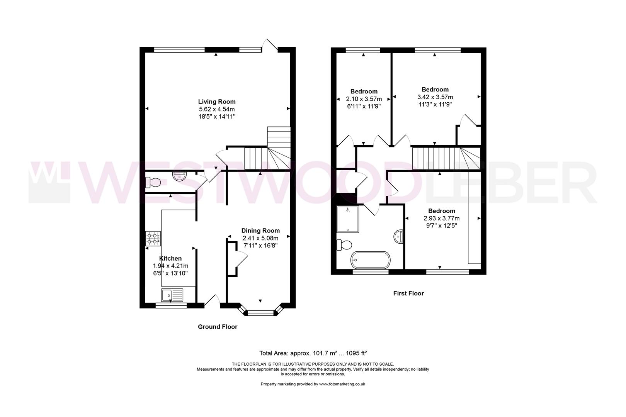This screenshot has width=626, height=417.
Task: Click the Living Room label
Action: tap(216, 102)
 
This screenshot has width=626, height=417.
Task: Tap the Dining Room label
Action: tap(260, 231)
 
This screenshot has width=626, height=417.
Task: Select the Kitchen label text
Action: tap(170, 259)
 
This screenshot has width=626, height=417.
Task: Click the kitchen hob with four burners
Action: tap(153, 238)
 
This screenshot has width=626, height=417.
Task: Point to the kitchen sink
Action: tap(172, 295)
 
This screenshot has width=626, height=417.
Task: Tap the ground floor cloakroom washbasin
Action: tap(179, 177)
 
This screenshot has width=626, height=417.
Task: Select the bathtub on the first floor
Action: tap(371, 260)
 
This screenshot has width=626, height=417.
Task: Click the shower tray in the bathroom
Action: tap(348, 219)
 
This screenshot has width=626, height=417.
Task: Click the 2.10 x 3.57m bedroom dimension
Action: tap(364, 99)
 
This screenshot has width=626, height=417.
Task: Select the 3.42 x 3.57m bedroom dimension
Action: tap(435, 97)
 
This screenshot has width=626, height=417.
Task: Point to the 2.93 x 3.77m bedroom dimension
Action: tap(441, 218)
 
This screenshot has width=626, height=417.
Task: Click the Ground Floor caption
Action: tap(218, 327)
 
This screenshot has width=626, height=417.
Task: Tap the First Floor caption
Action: tap(408, 293)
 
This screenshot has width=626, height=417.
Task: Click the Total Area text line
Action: tap(313, 353)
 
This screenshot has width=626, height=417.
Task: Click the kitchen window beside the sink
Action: tap(171, 305)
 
